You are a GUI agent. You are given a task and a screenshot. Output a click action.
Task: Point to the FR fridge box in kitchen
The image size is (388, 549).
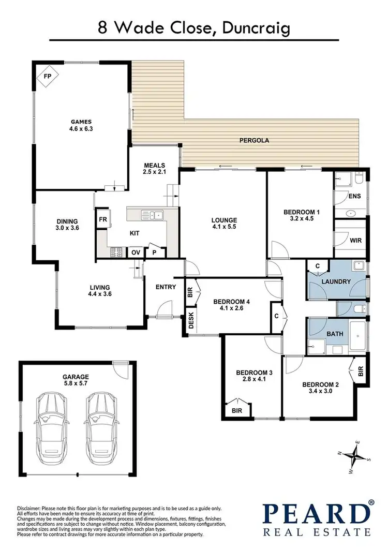(102, 218)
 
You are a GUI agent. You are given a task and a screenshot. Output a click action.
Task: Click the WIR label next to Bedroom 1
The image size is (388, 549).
(354, 240)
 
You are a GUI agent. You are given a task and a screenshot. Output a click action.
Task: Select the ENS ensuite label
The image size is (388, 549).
(354, 196)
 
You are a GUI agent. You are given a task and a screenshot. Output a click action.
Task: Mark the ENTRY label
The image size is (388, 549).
(166, 287)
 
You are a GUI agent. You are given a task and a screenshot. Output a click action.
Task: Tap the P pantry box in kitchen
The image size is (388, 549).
(154, 252)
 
